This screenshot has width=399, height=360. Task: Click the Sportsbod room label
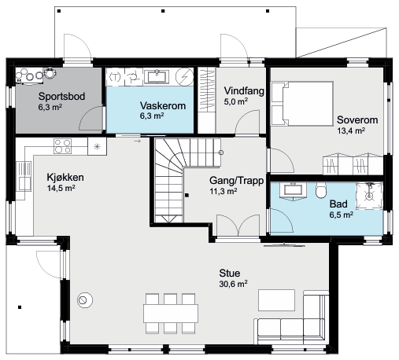[61, 96]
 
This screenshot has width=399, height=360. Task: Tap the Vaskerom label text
[163, 105]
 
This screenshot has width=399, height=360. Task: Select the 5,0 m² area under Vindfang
[236, 101]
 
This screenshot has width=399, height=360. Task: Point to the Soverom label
[357, 119]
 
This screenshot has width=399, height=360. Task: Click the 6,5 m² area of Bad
[342, 215]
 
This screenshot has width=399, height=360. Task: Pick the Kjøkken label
[65, 178]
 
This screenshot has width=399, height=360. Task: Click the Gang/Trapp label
[236, 181]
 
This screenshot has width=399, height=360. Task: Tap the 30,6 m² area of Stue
[233, 284]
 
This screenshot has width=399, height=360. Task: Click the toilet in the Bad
[321, 190]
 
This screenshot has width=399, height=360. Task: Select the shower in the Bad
[369, 196]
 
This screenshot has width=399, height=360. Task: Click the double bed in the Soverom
[302, 104]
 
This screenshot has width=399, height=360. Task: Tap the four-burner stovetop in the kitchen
[62, 146]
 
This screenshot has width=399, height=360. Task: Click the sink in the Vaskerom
[157, 76]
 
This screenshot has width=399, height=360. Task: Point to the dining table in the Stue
[171, 314]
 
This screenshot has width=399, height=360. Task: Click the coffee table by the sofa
[276, 300]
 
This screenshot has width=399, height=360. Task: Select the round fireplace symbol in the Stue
[85, 300]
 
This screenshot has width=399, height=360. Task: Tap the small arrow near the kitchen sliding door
[137, 141]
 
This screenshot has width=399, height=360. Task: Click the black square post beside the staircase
[187, 195]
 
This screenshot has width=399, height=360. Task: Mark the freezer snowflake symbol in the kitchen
[97, 146]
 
